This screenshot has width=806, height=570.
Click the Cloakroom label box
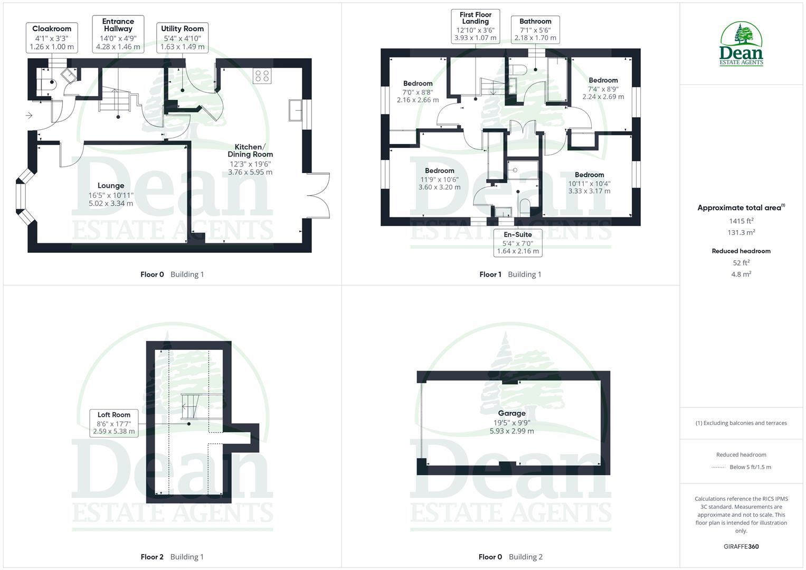tap(52, 37)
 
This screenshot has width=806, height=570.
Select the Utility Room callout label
tap(182, 37)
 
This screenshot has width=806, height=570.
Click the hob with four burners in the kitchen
tap(262, 76)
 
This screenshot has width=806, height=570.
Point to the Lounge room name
tap(111, 186)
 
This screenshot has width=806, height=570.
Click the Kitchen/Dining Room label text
tap(250, 151)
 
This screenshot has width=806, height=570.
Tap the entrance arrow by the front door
tap(29, 116)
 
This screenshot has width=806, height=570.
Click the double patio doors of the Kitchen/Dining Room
tap(318, 195)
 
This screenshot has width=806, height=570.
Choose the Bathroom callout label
tap(535, 30)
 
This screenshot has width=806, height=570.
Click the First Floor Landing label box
tap(476, 26)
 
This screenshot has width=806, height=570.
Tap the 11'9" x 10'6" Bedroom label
tap(439, 179)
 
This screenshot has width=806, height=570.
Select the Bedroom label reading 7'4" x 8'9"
tap(603, 89)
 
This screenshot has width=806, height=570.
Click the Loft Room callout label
tap(113, 423)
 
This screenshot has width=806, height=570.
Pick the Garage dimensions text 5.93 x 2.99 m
tap(511, 431)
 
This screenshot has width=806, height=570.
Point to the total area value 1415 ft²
tap(741, 221)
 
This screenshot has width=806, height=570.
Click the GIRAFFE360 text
tap(741, 547)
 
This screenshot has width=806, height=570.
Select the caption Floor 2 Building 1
tap(172, 557)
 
